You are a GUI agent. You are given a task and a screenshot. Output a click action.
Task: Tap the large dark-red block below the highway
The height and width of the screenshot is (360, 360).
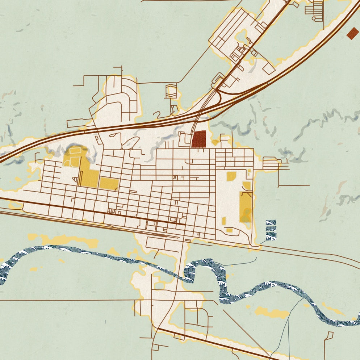pyautogui.click(x=199, y=139)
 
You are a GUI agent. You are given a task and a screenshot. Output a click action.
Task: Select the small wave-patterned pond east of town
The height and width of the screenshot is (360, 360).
pyautogui.click(x=271, y=230)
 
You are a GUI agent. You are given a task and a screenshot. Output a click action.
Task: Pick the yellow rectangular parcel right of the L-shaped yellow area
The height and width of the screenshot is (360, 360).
pyautogui.click(x=109, y=183)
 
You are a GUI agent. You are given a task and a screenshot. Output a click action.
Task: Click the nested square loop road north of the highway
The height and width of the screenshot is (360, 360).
pyautogui.click(x=171, y=91)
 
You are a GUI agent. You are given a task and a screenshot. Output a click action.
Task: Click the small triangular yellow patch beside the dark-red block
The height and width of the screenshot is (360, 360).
pyautogui.click(x=215, y=142)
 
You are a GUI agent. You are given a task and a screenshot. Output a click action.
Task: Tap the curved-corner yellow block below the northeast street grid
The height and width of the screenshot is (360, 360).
pyautogui.click(x=231, y=176)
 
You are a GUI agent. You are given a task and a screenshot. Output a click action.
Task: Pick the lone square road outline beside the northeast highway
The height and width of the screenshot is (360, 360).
pyautogui.click(x=269, y=68)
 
